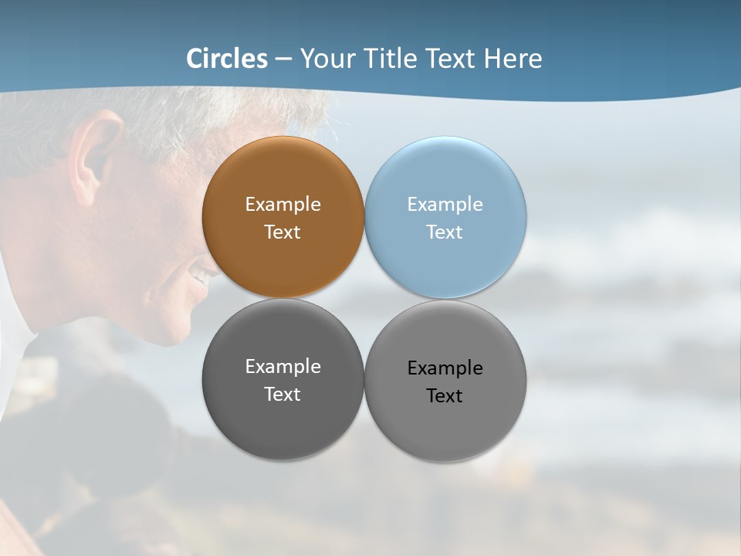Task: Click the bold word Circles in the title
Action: coord(227,59)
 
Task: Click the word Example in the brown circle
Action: coord(283,205)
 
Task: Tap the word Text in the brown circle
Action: coord(283,232)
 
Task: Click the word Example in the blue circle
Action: coord(445,205)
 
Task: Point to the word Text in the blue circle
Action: coord(445,232)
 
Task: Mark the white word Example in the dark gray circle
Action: coord(283,367)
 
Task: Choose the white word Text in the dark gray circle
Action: coord(283,395)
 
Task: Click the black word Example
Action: coord(445,368)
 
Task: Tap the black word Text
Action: coord(445,396)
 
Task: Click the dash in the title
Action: coord(283,59)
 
